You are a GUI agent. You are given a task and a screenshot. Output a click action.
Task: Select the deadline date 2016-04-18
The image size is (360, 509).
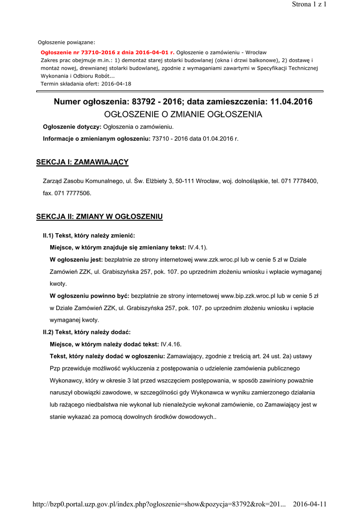[116, 84]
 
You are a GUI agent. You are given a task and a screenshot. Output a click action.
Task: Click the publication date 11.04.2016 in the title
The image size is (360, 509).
[291, 102]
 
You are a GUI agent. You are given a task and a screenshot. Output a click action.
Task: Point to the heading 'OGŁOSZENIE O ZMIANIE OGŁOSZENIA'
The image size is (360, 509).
[183, 114]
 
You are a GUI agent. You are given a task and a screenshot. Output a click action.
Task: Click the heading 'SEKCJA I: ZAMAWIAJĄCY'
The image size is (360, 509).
[83, 162]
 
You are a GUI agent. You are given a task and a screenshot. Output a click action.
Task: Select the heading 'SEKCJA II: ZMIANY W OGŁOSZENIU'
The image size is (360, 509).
[99, 217]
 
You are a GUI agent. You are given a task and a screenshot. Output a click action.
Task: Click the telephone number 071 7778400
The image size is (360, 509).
[299, 181]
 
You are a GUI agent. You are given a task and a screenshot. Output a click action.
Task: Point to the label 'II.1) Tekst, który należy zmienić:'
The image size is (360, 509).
[89, 235]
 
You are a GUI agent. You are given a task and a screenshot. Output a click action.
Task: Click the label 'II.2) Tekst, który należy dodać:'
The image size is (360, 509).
[87, 332]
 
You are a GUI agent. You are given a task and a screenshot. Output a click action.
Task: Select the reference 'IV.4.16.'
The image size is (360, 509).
[172, 344]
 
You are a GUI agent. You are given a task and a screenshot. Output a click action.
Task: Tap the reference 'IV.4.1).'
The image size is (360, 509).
[198, 247]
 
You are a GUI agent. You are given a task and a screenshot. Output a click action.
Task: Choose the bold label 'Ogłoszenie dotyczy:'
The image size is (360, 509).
[72, 127]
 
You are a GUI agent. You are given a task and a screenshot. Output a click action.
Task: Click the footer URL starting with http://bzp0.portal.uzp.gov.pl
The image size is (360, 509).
[159, 504]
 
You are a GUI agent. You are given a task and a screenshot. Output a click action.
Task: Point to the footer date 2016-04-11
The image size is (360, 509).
[310, 504]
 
